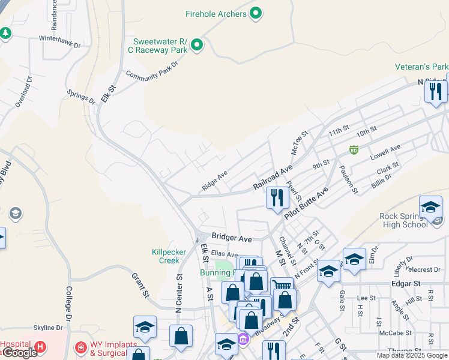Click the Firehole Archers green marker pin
pyautogui.click(x=256, y=13)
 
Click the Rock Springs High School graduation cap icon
pyautogui.click(x=430, y=207)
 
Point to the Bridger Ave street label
pyautogui.click(x=231, y=238)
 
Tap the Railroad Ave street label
pyautogui.click(x=272, y=178)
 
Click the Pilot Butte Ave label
pyautogui.click(x=306, y=203)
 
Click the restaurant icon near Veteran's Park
pyautogui.click(x=435, y=91)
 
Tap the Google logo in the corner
pyautogui.click(x=19, y=353)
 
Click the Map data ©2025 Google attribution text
pyautogui.click(x=411, y=355)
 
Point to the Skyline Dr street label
pyautogui.click(x=48, y=328)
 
